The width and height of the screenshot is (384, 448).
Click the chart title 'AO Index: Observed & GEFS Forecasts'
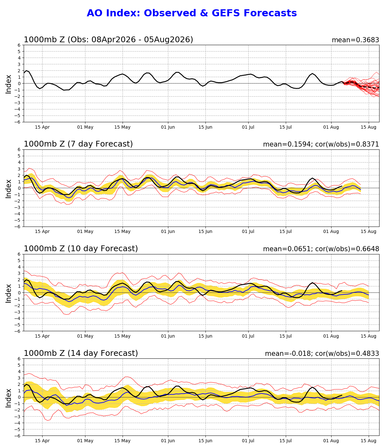[x=192, y=13]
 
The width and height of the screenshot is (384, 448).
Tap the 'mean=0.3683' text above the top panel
[x=356, y=40]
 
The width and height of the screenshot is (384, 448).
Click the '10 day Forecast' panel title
[x=103, y=249]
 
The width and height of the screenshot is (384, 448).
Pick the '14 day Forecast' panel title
[x=103, y=353]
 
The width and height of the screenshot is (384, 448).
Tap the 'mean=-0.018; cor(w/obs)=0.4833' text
[x=322, y=354]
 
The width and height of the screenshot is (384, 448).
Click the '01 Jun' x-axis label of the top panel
[x=168, y=127]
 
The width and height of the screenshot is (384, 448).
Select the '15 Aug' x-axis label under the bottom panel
[x=368, y=441]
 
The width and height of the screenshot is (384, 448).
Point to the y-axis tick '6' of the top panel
[x=19, y=45]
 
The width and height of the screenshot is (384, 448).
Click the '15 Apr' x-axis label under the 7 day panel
[x=42, y=232]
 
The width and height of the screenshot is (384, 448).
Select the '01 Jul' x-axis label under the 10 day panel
[x=248, y=336]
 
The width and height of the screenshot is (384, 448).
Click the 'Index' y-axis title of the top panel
[x=8, y=84]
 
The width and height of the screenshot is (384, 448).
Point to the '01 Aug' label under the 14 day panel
[x=331, y=441]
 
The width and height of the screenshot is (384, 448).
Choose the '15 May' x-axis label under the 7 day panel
[x=123, y=232]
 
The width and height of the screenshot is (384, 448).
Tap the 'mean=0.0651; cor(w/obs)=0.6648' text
[x=321, y=249]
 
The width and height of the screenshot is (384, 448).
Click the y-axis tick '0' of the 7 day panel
[x=19, y=188]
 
